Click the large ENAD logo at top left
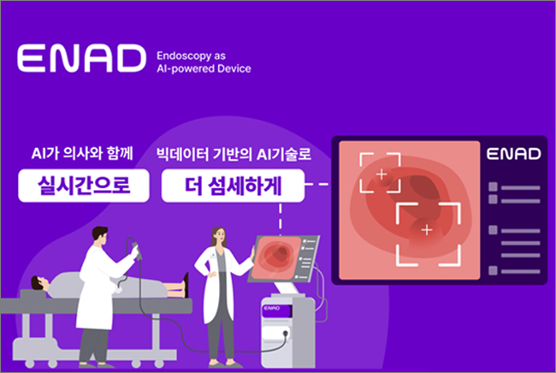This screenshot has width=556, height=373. tap(81, 58)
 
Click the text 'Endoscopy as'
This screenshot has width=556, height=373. tap(191, 56)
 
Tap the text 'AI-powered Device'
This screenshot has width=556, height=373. tap(204, 68)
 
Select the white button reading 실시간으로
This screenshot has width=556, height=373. tap(84, 186)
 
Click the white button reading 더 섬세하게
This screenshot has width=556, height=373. tap(233, 186)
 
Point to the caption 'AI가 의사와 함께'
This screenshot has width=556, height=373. tap(82, 153)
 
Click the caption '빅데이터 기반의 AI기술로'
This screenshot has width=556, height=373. tap(234, 154)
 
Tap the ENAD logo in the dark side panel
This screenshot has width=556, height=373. tap(514, 154)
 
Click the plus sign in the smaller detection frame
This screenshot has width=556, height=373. tap(382, 174)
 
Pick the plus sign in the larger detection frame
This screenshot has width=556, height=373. tap(427, 230)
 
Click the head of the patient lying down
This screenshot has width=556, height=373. tap(40, 283)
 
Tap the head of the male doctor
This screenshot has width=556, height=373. tap(100, 235)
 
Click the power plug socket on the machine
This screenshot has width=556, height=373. tap(285, 334)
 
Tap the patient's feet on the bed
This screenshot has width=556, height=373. tap(185, 285)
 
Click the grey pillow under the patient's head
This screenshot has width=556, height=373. tap(33, 294)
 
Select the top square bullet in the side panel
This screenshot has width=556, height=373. tap(493, 186)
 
